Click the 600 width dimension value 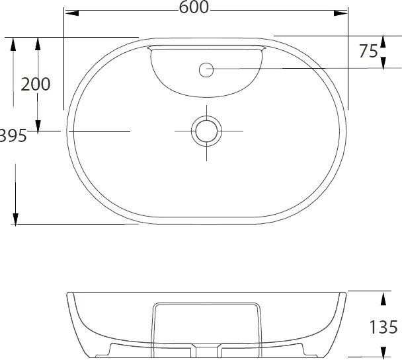click(x=194, y=7)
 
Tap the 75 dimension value click(x=369, y=52)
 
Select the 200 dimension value click(x=36, y=85)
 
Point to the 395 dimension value click(x=12, y=136)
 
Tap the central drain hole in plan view click(x=206, y=131)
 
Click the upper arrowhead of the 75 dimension click(x=383, y=41)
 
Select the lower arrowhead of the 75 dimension click(x=383, y=63)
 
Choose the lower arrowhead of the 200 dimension click(x=38, y=126)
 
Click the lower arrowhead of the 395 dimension click(x=15, y=219)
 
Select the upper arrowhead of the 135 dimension click(x=383, y=295)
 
